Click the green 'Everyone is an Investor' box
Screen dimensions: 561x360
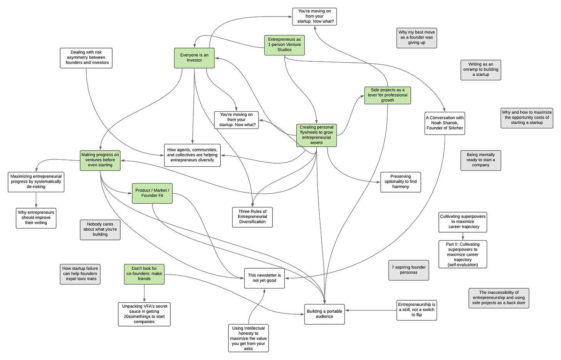194,58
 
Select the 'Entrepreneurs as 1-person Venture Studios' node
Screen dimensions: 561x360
284,45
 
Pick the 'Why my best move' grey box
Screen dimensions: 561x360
416,38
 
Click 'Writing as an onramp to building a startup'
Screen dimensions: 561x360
480,70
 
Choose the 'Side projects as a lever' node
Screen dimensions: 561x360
387,95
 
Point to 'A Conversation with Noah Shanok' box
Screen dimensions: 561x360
445,123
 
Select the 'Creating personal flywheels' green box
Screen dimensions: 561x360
316,135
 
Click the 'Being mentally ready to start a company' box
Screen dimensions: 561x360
480,160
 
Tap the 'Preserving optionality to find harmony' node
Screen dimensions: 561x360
400,182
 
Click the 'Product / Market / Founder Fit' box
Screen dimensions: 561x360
152,193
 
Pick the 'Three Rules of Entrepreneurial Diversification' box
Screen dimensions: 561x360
252,217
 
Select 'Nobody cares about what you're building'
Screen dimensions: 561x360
100,229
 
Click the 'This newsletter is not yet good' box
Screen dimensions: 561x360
264,278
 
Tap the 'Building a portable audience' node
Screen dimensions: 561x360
324,314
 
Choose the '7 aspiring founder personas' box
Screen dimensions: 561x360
408,270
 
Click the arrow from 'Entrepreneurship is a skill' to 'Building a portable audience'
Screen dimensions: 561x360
370,310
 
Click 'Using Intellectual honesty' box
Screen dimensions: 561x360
248,338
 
